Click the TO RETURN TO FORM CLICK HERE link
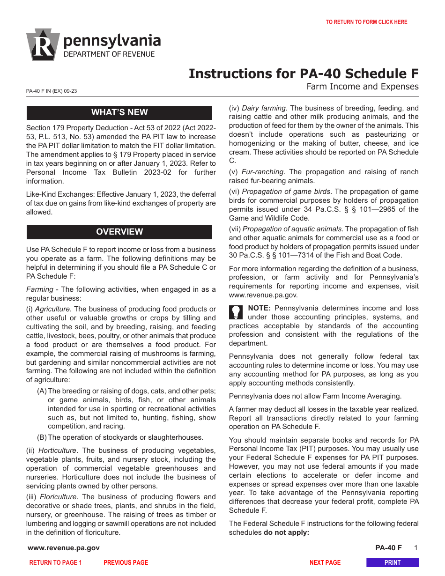click(366, 22)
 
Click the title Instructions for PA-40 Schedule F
click(304, 74)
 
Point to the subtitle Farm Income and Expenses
click(362, 87)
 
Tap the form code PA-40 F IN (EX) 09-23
click(52, 91)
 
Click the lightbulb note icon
click(236, 312)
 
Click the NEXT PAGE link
click(325, 562)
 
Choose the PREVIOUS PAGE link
click(126, 562)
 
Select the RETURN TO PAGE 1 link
click(55, 562)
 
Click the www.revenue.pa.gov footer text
click(64, 548)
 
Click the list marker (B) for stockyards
click(42, 437)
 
